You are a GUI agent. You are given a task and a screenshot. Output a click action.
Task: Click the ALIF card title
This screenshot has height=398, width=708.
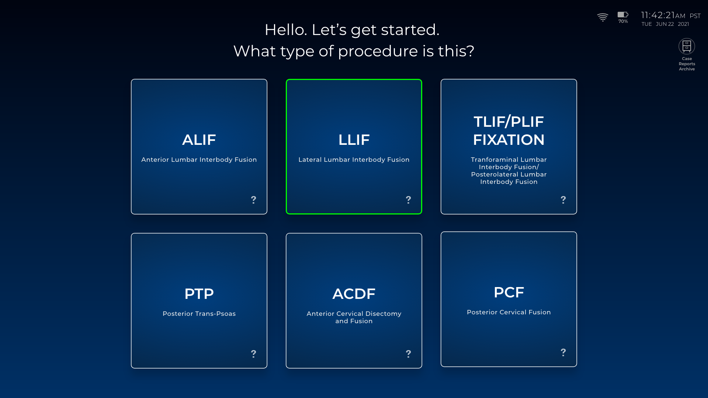(199, 140)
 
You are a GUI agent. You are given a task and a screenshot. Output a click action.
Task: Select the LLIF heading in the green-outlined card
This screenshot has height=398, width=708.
(354, 140)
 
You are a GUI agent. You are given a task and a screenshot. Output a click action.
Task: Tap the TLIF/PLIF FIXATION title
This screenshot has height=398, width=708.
(509, 131)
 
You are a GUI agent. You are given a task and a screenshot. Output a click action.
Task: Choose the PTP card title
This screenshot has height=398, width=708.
(199, 294)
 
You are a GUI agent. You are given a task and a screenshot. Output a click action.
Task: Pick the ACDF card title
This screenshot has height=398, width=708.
(354, 294)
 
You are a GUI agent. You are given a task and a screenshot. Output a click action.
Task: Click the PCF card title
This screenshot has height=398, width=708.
(509, 292)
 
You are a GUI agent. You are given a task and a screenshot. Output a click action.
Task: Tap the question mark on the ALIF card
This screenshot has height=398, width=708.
(253, 200)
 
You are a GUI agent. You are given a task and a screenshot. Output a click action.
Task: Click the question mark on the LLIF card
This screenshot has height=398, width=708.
(408, 200)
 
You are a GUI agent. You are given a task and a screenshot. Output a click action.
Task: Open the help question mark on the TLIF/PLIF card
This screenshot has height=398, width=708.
(563, 200)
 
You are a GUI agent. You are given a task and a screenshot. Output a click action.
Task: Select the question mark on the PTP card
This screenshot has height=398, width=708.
(253, 354)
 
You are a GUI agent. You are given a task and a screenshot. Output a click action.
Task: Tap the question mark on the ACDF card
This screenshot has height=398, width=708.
(408, 354)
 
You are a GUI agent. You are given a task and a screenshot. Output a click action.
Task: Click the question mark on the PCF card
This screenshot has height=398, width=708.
(563, 352)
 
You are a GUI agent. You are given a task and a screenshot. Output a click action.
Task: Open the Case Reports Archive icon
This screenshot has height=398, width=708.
(687, 46)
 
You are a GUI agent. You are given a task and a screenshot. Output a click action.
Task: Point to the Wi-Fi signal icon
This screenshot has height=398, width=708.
(603, 17)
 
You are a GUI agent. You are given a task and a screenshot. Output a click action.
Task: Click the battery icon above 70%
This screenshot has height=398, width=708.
(623, 14)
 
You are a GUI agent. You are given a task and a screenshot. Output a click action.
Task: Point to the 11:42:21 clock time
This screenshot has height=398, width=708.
(658, 15)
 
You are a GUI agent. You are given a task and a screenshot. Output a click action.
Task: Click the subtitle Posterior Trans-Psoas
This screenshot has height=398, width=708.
(199, 314)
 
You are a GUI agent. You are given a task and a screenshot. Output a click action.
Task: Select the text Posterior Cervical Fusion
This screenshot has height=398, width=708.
(509, 312)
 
